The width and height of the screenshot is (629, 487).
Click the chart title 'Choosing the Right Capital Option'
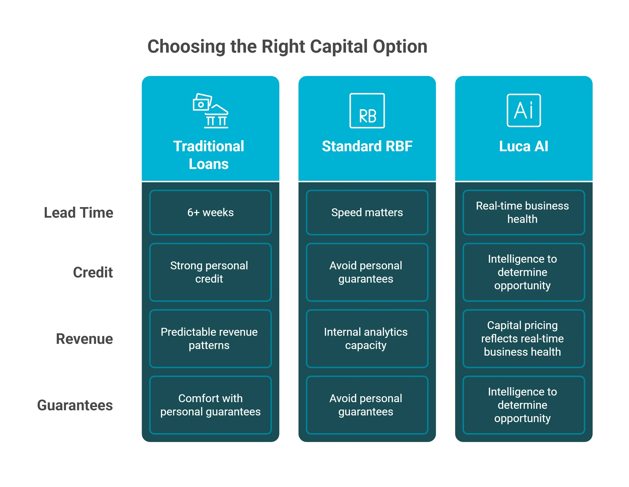click(x=287, y=47)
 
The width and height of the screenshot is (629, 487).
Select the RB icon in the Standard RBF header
click(x=367, y=111)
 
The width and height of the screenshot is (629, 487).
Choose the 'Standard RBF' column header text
click(x=367, y=146)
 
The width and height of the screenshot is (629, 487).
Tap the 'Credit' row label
click(x=93, y=272)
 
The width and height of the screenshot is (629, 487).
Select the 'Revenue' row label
click(x=84, y=339)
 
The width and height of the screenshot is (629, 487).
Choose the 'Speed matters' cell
click(x=367, y=213)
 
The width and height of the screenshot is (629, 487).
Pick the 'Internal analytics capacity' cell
click(x=367, y=338)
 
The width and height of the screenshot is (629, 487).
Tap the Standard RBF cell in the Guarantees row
click(x=367, y=405)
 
